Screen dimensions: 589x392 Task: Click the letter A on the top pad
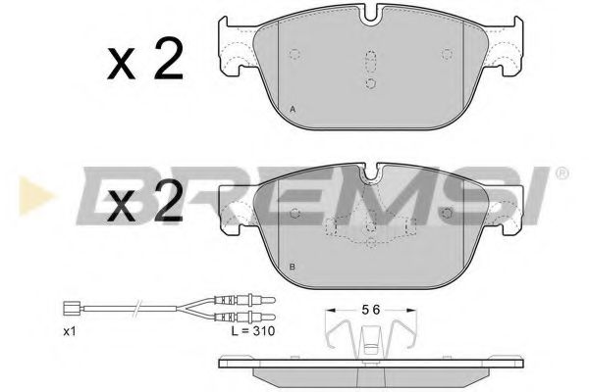pyautogui.click(x=293, y=110)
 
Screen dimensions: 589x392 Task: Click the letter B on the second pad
pyautogui.click(x=293, y=268)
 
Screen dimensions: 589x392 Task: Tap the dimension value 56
pyautogui.click(x=371, y=310)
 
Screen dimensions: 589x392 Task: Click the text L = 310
pyautogui.click(x=253, y=331)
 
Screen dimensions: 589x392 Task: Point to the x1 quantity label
pyautogui.click(x=70, y=331)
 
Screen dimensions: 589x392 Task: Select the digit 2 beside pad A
pyautogui.click(x=169, y=58)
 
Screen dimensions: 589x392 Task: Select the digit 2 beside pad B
pyautogui.click(x=169, y=201)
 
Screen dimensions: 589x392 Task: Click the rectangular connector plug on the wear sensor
pyautogui.click(x=69, y=309)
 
